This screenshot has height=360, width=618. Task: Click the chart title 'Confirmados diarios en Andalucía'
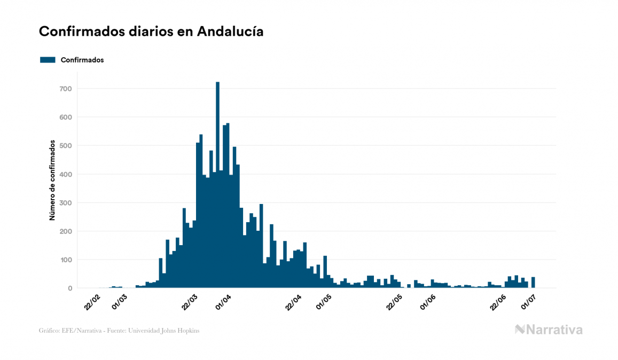(x=151, y=32)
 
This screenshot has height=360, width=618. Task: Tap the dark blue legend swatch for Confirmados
(x=48, y=60)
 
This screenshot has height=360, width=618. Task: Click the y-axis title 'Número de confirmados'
(x=52, y=180)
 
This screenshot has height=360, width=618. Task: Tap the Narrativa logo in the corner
(x=549, y=330)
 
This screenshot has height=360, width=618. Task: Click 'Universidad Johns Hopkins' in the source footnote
(x=169, y=331)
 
